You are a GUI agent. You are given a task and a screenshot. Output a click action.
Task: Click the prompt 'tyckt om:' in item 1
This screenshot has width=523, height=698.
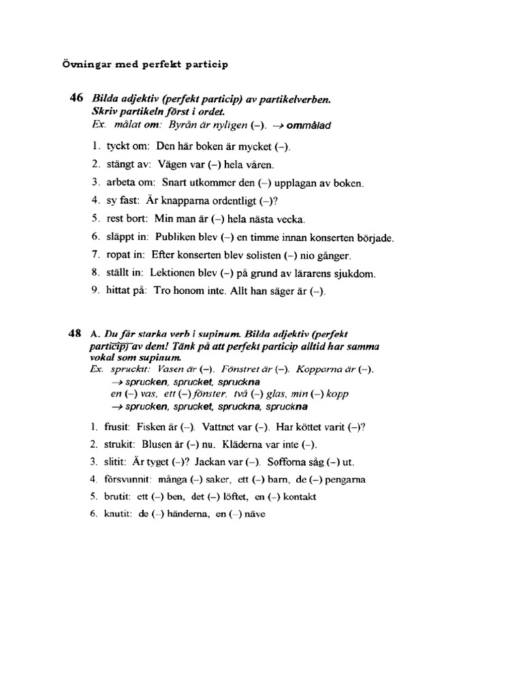coord(128,147)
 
